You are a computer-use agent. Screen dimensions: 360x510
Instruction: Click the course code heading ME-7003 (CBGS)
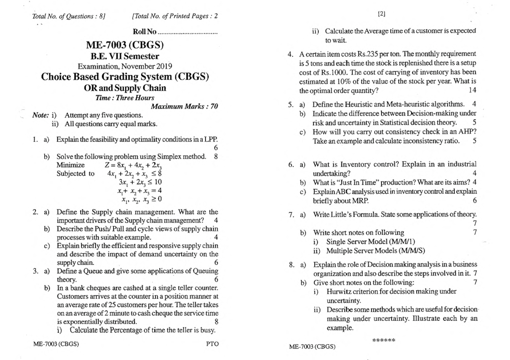[125, 45]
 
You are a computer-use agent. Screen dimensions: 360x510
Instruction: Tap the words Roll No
[145, 32]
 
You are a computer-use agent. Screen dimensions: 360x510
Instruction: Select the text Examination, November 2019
[125, 66]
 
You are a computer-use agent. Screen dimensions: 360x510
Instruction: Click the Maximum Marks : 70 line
[184, 106]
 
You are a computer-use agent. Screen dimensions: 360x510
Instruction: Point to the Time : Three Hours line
[125, 98]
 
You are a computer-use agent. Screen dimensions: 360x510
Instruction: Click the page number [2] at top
[381, 14]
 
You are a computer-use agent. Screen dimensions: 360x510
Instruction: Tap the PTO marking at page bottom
[212, 344]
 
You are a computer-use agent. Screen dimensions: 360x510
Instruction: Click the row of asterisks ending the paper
[384, 340]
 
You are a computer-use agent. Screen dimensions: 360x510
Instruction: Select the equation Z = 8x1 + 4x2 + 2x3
[133, 165]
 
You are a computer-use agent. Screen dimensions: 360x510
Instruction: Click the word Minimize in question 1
[70, 165]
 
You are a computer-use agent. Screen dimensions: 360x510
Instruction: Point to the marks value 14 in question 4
[472, 90]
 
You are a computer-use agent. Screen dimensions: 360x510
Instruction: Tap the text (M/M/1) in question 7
[402, 242]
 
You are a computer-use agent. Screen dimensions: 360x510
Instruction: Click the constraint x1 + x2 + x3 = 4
[139, 191]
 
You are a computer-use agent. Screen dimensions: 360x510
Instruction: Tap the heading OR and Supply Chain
[125, 88]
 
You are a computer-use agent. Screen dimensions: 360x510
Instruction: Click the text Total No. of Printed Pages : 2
[175, 16]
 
